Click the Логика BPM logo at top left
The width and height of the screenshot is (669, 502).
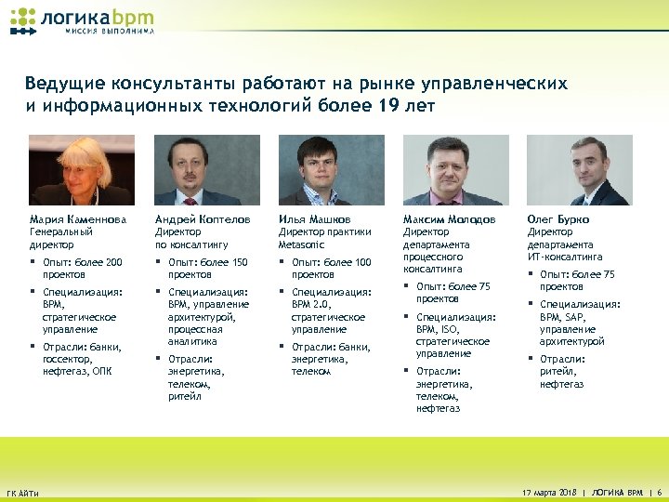(82, 21)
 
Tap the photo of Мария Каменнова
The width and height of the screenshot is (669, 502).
(82, 170)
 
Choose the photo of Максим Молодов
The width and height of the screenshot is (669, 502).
(455, 170)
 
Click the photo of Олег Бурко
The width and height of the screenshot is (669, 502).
(579, 170)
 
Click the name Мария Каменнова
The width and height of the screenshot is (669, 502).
(76, 219)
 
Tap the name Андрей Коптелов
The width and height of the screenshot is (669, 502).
(202, 219)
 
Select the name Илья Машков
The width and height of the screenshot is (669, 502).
(315, 219)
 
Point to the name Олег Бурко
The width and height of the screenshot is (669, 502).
(558, 219)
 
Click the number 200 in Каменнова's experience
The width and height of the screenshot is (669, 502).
(113, 263)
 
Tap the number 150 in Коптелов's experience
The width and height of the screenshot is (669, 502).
(239, 263)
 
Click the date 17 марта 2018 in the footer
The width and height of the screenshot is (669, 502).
(550, 491)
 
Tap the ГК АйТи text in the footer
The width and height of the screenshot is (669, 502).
(22, 492)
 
